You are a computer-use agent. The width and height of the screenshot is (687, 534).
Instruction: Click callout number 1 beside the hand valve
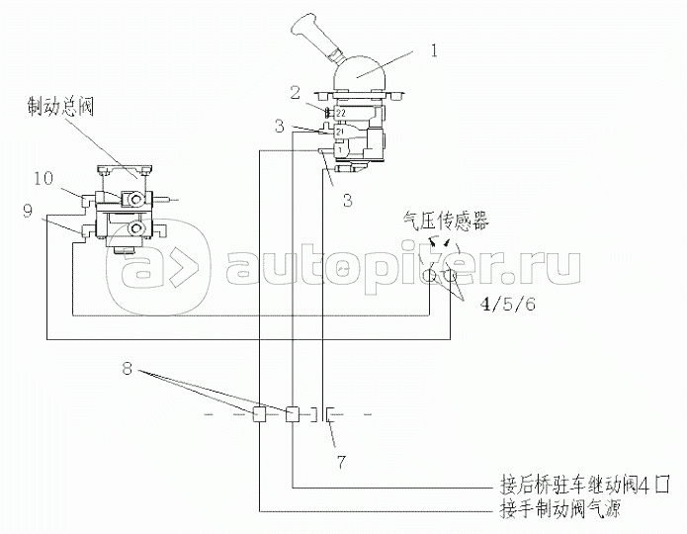(434, 46)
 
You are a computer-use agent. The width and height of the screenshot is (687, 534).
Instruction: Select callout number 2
(295, 92)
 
